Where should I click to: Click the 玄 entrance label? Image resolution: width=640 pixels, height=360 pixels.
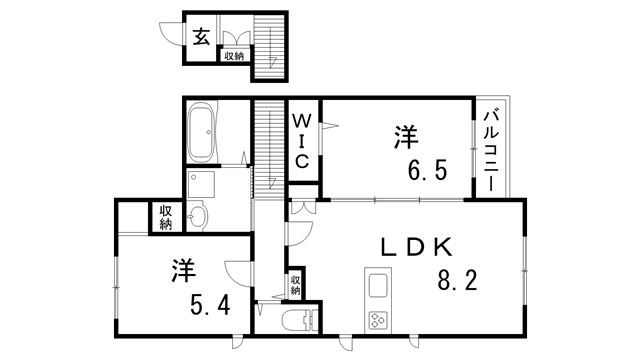(201, 38)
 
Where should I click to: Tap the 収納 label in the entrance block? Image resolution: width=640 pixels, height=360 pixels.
(234, 56)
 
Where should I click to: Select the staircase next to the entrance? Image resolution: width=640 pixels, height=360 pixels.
(267, 45)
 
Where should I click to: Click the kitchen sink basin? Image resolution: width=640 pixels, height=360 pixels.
(379, 285)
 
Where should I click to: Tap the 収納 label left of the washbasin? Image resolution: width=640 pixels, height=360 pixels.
(165, 216)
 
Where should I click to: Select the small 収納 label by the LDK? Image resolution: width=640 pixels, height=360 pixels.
(296, 284)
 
